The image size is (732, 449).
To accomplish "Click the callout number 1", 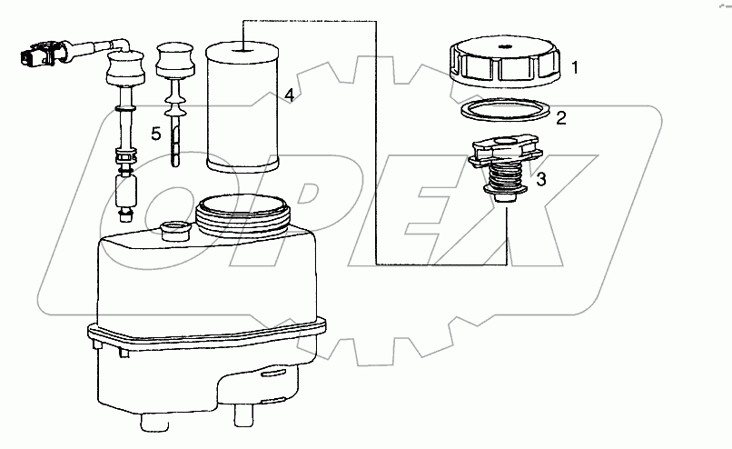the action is tap(575, 67).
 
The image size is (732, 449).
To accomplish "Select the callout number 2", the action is tap(561, 118).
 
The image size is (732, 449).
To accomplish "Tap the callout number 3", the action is tap(541, 179).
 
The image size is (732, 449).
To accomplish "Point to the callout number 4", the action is tap(290, 95).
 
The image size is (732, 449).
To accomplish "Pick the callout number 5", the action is tap(156, 135).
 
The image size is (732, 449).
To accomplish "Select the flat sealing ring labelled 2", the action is tap(505, 111).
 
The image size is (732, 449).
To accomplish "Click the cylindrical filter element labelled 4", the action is tap(242, 106).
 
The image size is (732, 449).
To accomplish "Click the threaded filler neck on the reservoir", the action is tap(243, 215).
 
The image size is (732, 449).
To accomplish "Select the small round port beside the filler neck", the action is tap(174, 230).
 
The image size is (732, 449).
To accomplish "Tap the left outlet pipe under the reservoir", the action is tap(154, 421).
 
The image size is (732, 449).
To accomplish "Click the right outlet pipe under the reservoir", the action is tap(244, 414).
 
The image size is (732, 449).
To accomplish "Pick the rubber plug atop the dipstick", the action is tap(175, 60).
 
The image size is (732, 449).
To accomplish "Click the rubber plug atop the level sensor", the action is tap(124, 69).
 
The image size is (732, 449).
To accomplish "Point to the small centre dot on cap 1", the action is tap(504, 46).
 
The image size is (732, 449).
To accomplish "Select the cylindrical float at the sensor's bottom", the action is tap(126, 190).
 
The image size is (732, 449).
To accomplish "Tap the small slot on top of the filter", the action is tap(243, 46).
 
